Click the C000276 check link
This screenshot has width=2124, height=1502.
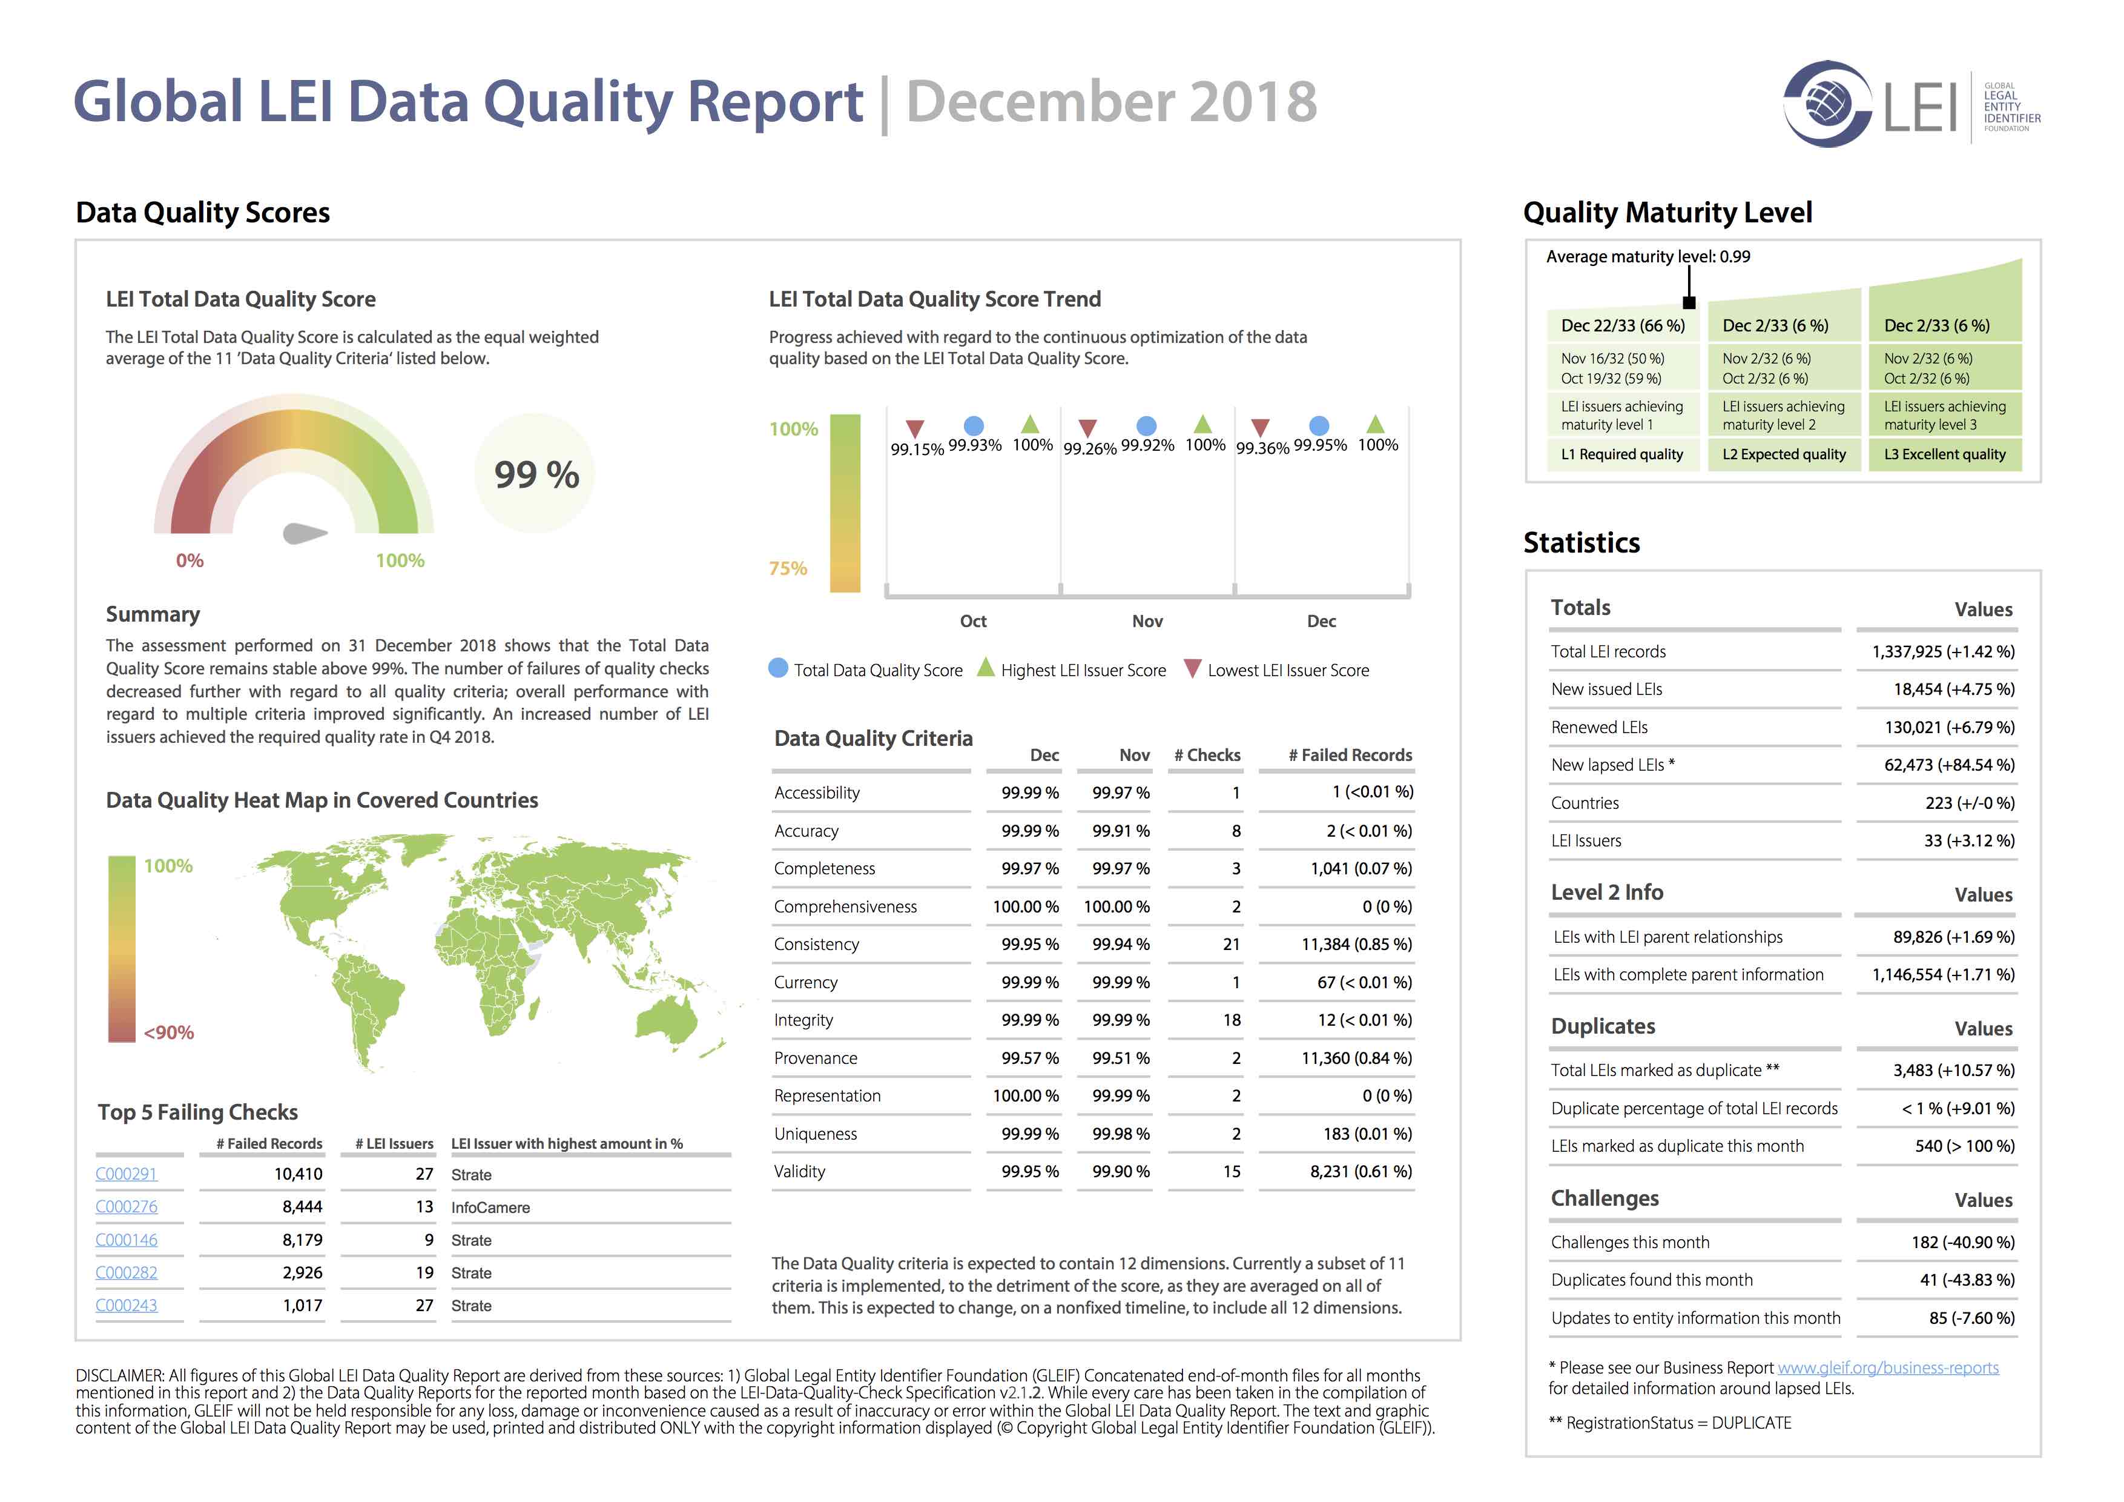pos(127,1207)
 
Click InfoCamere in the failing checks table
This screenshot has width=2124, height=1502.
pos(490,1208)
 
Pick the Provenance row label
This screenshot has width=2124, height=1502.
pos(816,1058)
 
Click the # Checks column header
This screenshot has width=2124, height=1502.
pos(1207,755)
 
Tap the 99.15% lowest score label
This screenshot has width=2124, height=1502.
pos(917,450)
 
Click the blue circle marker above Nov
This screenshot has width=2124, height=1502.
pos(1146,426)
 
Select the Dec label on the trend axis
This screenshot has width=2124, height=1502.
pos(1321,621)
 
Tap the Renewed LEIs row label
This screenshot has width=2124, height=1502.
pos(1598,728)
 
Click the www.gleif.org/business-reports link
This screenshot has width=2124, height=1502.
pos(1887,1368)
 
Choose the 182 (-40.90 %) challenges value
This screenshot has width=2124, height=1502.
pos(1962,1242)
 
